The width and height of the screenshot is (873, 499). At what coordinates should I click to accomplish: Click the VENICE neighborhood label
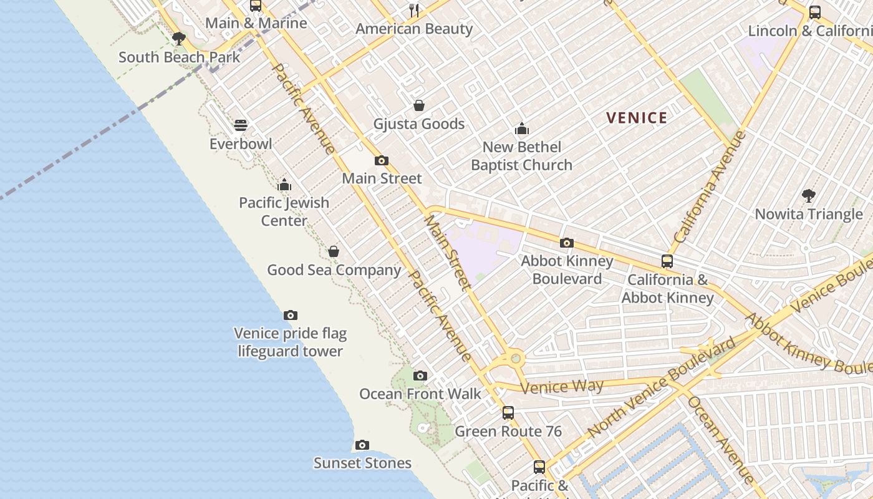pos(637,118)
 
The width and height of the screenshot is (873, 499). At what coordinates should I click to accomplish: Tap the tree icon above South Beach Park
pos(179,39)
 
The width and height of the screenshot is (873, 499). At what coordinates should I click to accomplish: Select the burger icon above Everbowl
pos(241,125)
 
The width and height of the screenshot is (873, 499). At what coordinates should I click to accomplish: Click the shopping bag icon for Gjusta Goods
pos(419,105)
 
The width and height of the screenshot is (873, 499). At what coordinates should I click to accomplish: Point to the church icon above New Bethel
pos(522,129)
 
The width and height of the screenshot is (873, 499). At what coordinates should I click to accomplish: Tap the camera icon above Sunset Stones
pos(362,445)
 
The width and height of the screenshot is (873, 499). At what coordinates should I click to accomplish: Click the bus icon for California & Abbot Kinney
pos(667,261)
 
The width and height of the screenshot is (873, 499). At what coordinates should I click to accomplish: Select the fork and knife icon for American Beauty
pos(414,10)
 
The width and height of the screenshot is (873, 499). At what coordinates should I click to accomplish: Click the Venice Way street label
pos(562,387)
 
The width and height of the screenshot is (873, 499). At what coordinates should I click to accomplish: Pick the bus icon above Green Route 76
pos(508,412)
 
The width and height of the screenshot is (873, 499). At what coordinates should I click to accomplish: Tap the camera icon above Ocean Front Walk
pos(420,375)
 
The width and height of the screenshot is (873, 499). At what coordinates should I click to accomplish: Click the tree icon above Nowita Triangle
pos(809,196)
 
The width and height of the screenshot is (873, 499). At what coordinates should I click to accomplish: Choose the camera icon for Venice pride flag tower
pos(290,315)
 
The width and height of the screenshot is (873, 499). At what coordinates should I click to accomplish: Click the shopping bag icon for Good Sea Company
pos(334,251)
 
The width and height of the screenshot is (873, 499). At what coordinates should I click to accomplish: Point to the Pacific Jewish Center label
pos(284,211)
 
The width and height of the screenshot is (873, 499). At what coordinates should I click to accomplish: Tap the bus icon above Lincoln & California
pos(814,12)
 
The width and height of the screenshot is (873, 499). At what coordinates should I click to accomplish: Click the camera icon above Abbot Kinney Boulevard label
pos(567,243)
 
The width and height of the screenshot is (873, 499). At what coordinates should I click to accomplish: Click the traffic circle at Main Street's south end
pos(515,358)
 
